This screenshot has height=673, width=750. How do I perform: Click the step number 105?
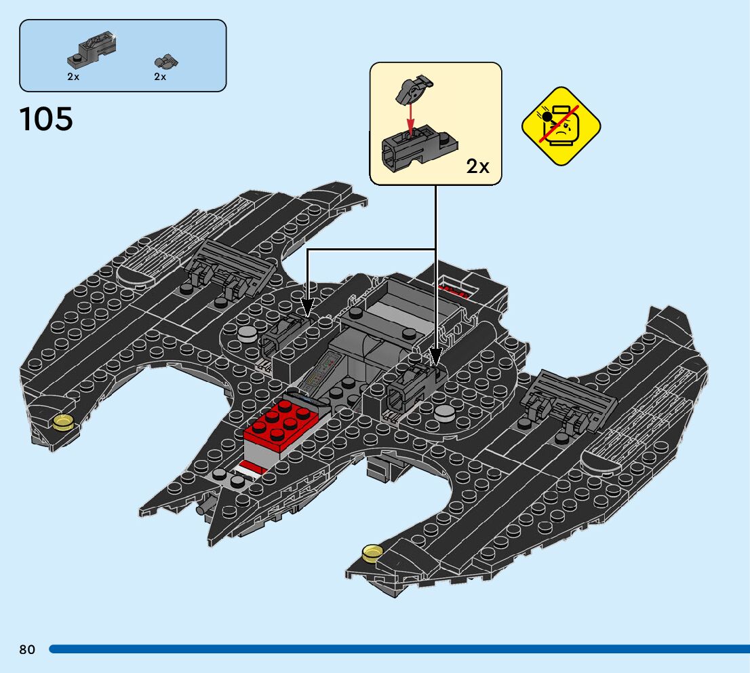pos(46,120)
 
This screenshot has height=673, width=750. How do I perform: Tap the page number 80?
pos(27,650)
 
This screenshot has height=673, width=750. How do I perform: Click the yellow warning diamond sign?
pos(561,126)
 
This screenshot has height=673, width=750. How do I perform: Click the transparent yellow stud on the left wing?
pos(62,423)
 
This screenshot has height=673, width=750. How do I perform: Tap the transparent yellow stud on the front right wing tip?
pos(372,553)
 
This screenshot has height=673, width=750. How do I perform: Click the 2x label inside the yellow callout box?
pos(477,166)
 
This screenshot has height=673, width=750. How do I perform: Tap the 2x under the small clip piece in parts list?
pos(160,77)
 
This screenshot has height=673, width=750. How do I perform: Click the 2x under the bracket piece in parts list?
pos(73,77)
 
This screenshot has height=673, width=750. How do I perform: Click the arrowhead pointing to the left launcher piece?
pos(307,309)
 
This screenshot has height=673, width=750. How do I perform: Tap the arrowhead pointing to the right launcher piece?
pos(435,358)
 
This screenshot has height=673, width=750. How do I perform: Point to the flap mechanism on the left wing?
pos(227,271)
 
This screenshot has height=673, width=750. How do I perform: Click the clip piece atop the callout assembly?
pos(414,88)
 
